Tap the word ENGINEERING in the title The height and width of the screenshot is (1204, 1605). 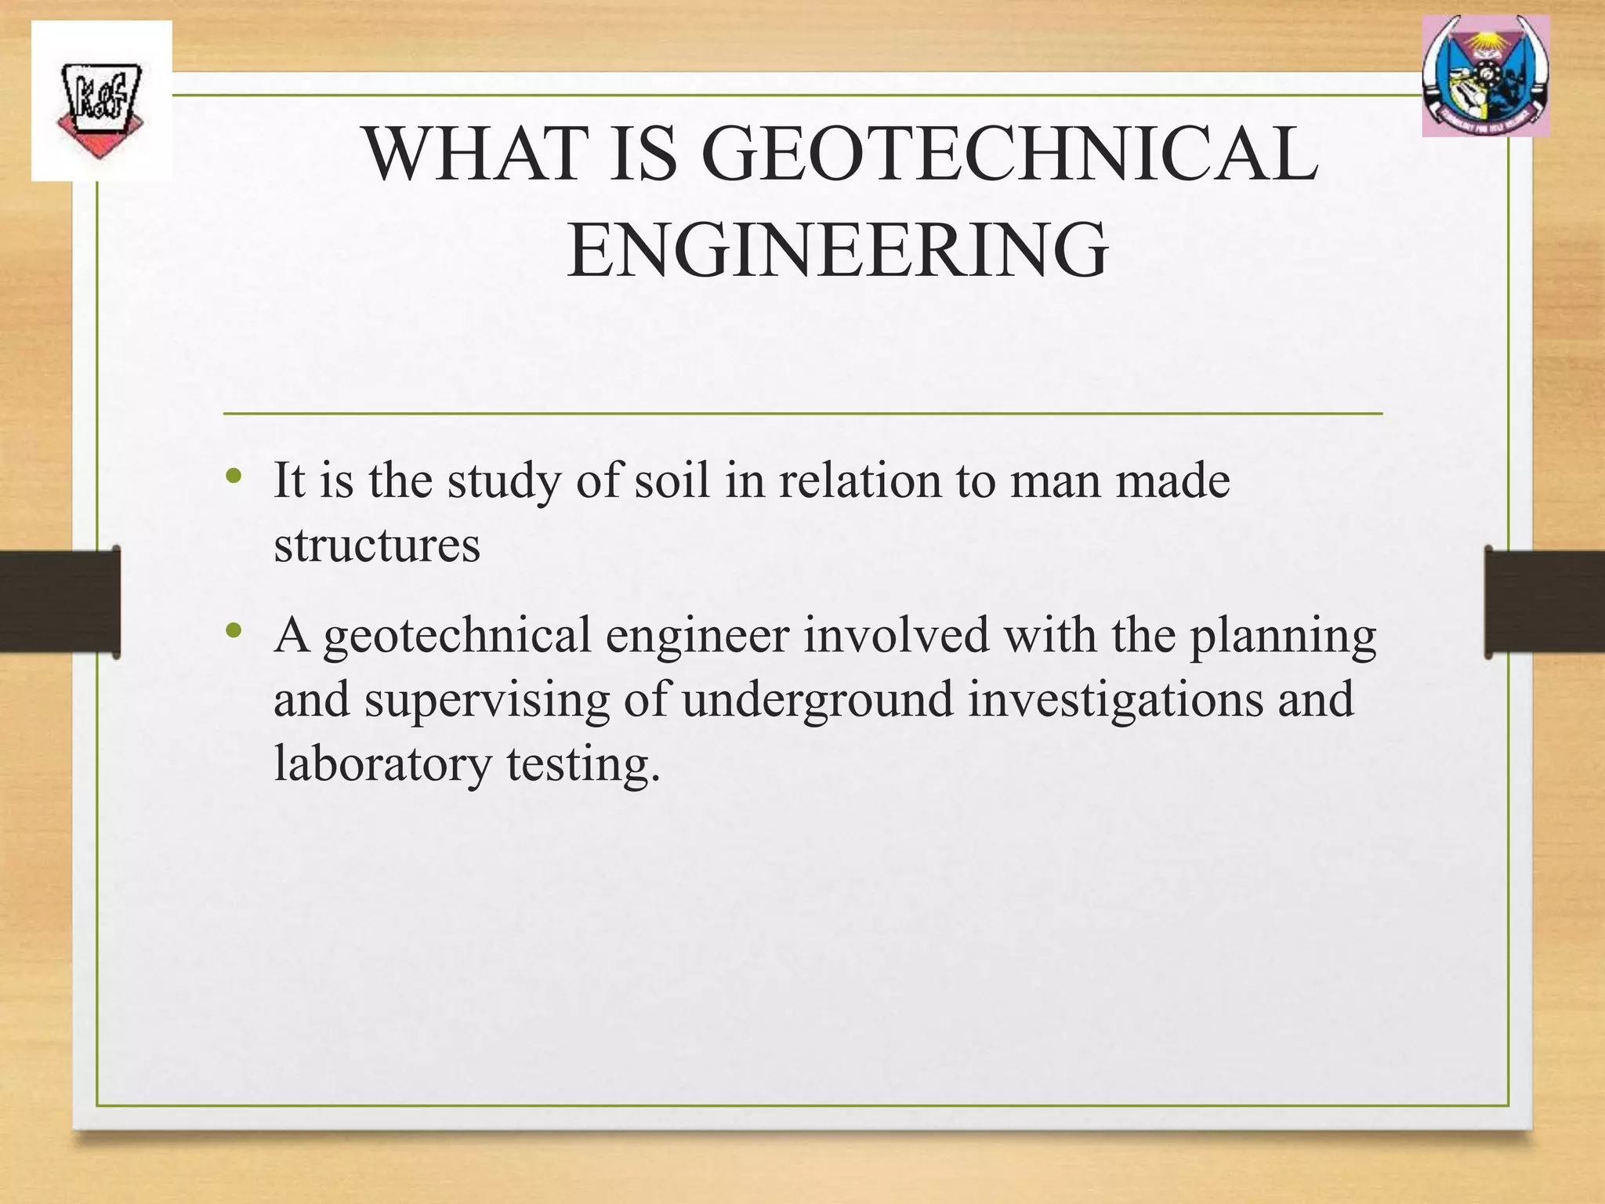pyautogui.click(x=837, y=251)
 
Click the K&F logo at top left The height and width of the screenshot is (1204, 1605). pyautogui.click(x=100, y=102)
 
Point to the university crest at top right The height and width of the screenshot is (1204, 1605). pyautogui.click(x=1485, y=77)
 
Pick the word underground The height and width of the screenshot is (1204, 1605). pyautogui.click(x=817, y=699)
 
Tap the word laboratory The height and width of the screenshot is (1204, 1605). pyautogui.click(x=382, y=763)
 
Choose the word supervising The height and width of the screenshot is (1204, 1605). pyautogui.click(x=487, y=699)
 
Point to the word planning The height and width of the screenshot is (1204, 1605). pyautogui.click(x=1283, y=636)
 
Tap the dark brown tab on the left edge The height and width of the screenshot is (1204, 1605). pyautogui.click(x=60, y=602)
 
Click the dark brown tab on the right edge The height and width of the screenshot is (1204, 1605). pyautogui.click(x=1544, y=602)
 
